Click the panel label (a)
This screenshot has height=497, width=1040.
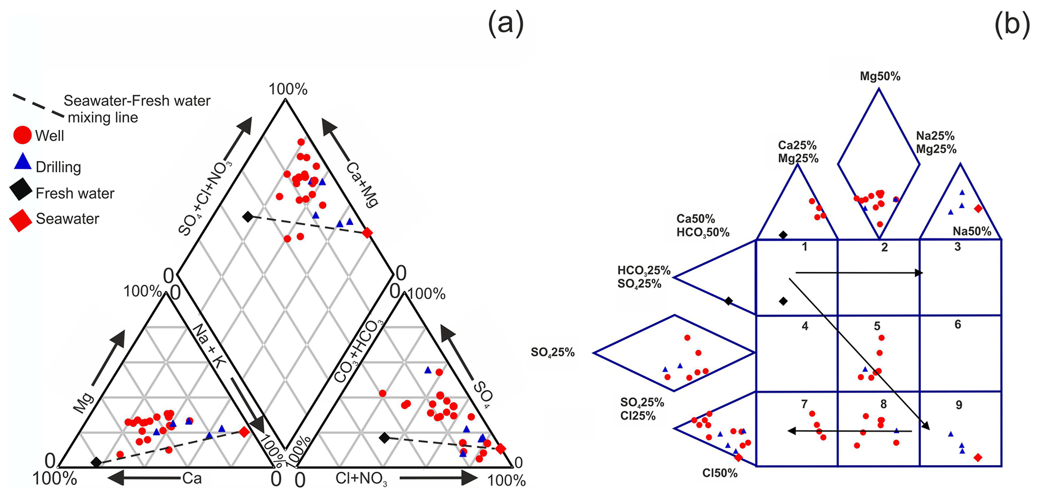point(506,24)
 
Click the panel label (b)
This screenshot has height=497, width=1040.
point(1012,24)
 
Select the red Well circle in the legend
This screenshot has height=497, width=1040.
point(23,135)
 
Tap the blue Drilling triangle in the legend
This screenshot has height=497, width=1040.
point(23,162)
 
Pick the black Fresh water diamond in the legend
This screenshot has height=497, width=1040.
point(21,192)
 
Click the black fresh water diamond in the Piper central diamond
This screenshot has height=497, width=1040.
point(248,217)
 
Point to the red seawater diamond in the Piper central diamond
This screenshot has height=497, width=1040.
point(367,232)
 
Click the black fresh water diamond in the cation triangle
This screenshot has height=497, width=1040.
point(96,462)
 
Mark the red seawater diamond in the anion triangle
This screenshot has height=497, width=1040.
point(501,448)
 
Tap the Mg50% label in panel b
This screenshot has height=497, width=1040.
point(880,76)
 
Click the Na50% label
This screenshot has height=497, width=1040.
point(972,231)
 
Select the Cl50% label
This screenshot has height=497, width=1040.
point(720,473)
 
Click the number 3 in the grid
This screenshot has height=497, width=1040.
point(957,247)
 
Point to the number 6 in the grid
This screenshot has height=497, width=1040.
point(957,324)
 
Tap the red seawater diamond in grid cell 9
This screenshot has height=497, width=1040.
point(978,457)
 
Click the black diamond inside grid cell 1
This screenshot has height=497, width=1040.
point(783,301)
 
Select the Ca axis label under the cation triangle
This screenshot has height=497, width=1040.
point(192,478)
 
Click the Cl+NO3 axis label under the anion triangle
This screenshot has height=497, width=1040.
point(361,479)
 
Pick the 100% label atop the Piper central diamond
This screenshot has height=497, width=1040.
point(288,89)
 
